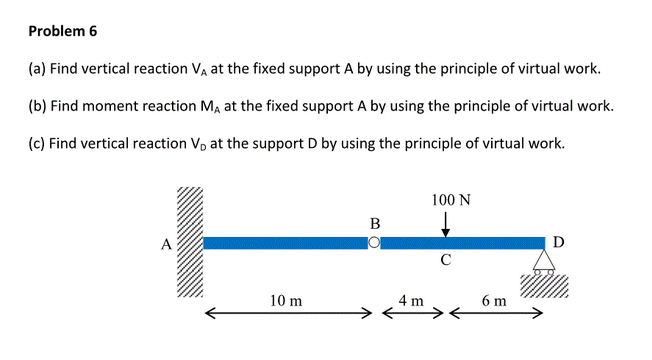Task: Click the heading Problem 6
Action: point(63,31)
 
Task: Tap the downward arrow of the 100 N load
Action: point(445,225)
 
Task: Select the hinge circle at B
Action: point(374,243)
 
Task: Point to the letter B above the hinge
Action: point(374,223)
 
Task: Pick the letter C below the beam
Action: point(446,262)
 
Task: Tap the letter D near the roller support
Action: point(558,241)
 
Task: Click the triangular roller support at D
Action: point(544,260)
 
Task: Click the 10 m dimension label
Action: point(288,300)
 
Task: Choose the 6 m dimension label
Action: point(494,300)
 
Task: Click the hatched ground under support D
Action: point(545,283)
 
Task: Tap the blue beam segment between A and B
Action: point(285,243)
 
